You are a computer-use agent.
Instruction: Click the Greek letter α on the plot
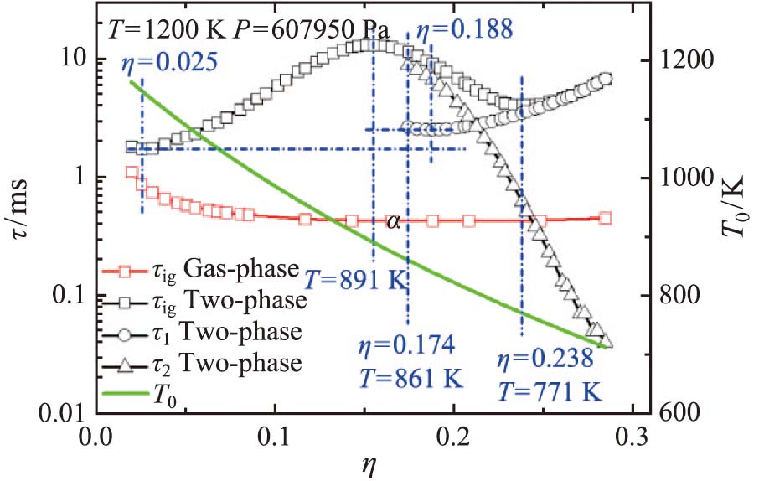coord(392,222)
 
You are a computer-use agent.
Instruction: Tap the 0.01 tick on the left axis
coord(66,412)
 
